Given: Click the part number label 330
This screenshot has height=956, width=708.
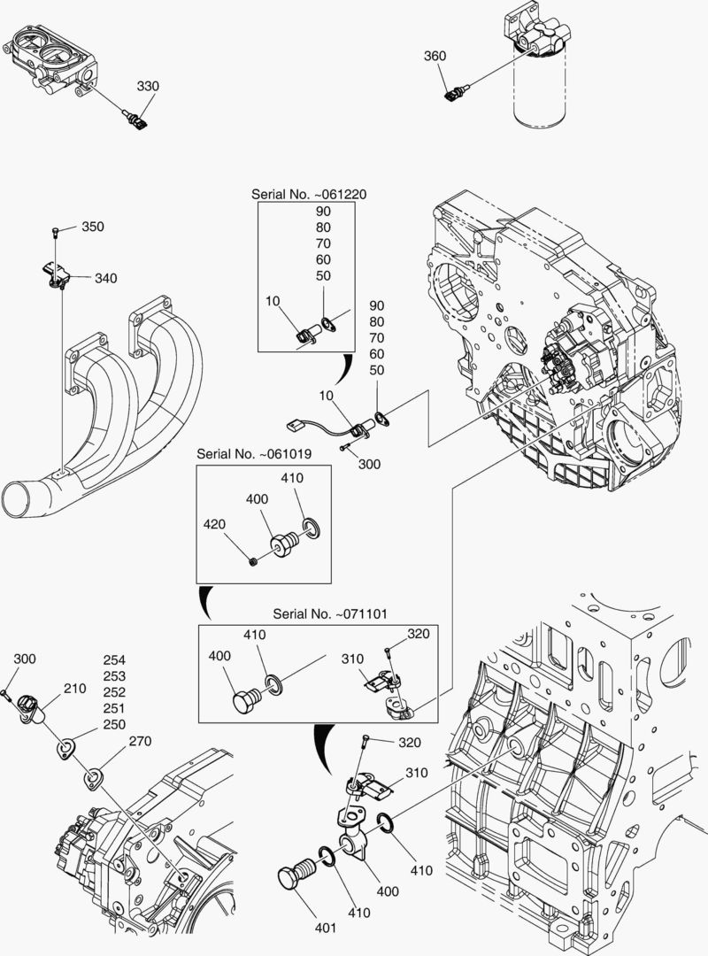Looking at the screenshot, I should pyautogui.click(x=148, y=86).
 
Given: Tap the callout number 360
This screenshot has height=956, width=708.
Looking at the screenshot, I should pyautogui.click(x=435, y=56).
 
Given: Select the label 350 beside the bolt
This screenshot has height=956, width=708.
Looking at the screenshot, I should pyautogui.click(x=93, y=227).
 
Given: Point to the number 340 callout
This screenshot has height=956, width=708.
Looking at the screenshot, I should pyautogui.click(x=105, y=278).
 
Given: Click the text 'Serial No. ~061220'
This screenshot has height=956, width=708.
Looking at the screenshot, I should pyautogui.click(x=306, y=194).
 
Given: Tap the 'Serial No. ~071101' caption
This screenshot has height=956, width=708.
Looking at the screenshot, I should pyautogui.click(x=328, y=613).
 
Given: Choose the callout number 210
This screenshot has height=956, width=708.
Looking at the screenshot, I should pyautogui.click(x=74, y=688).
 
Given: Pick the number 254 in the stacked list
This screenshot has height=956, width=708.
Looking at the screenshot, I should pyautogui.click(x=114, y=660).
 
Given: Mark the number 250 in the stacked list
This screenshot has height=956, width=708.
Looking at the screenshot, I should pyautogui.click(x=114, y=724).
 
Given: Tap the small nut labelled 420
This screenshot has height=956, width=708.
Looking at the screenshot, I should pyautogui.click(x=254, y=561).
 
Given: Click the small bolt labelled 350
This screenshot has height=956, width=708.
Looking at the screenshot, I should pyautogui.click(x=56, y=233).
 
